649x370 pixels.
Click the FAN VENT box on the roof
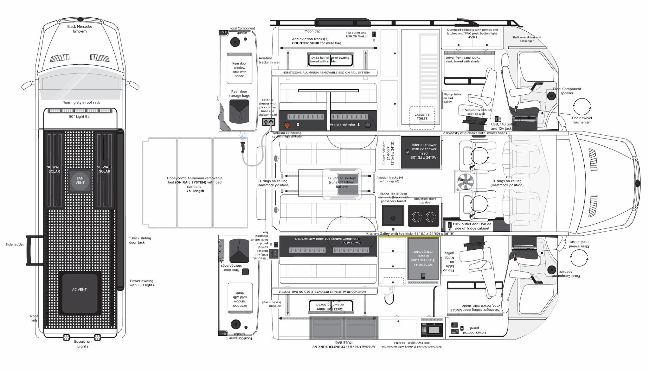(80, 181)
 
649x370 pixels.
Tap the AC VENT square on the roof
(79, 293)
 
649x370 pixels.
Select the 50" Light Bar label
(80, 117)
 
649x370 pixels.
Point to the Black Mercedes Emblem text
(80, 29)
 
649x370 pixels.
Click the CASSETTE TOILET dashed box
(422, 117)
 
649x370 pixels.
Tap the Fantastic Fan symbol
(466, 182)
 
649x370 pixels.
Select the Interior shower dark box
(421, 152)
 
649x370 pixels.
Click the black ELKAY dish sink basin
(393, 215)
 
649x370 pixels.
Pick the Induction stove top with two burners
(423, 216)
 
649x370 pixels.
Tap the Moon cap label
(312, 31)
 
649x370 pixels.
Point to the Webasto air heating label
(287, 135)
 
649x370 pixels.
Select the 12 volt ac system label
(342, 182)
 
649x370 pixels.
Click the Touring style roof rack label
(82, 103)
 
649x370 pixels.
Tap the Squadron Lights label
(83, 344)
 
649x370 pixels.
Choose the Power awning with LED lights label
(141, 283)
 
